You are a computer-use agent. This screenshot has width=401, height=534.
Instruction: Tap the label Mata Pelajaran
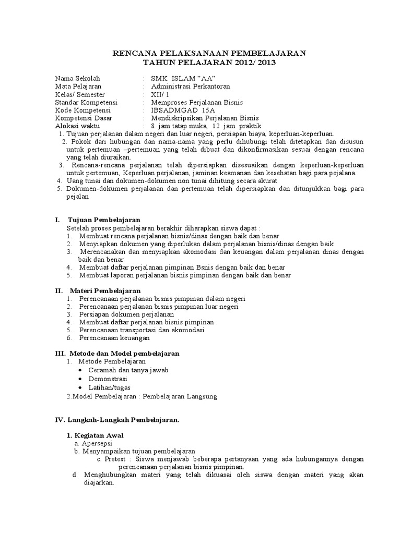click(78, 86)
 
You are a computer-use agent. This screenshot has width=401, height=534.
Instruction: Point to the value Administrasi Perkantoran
click(190, 86)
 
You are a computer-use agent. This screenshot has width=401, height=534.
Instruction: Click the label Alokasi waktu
click(77, 127)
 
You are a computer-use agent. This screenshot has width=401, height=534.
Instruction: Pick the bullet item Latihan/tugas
click(110, 387)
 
